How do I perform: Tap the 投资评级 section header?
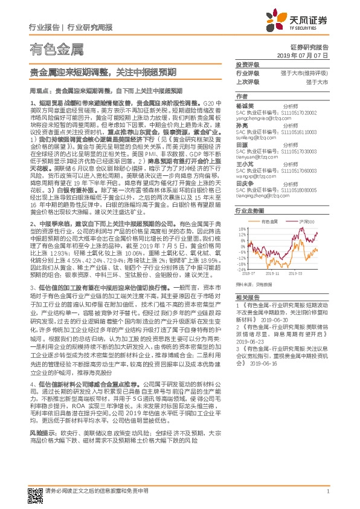[246, 64]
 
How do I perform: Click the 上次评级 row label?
[246, 81]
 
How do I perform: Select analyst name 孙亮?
[242, 126]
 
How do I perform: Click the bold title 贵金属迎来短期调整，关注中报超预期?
[103, 73]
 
